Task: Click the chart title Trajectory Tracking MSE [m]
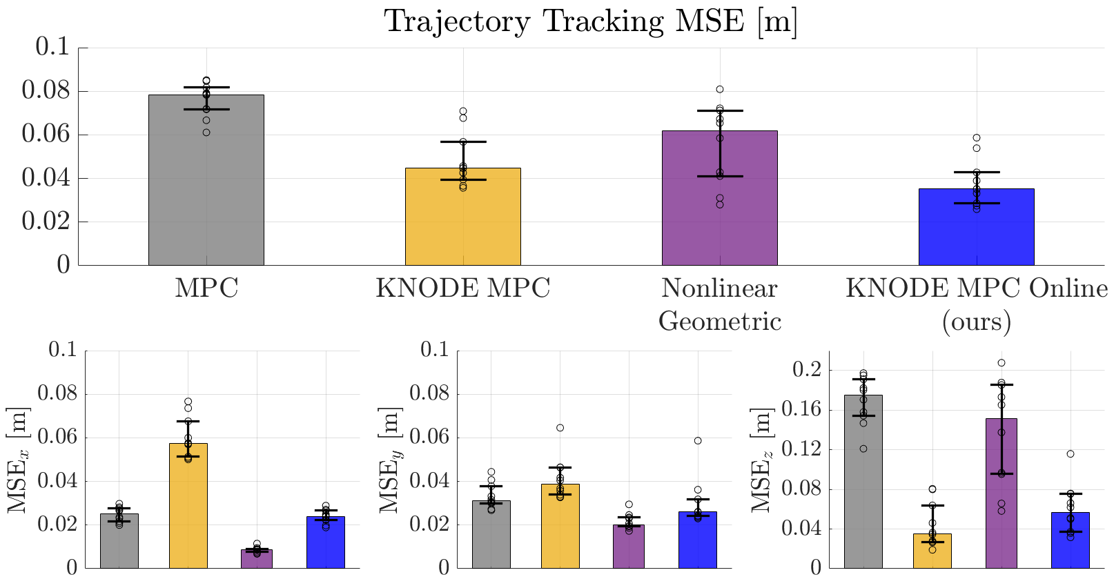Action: tap(591, 21)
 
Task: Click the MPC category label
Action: tap(206, 288)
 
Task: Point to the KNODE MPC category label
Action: tap(462, 288)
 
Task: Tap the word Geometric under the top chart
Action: tap(719, 322)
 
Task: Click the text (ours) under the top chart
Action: tap(976, 322)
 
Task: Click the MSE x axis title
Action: tap(18, 460)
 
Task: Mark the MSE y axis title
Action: tap(390, 460)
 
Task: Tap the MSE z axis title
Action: tap(761, 460)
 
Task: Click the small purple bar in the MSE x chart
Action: tap(257, 559)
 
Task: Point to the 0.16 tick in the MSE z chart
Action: tap(806, 410)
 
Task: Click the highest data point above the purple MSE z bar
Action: tap(1001, 363)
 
